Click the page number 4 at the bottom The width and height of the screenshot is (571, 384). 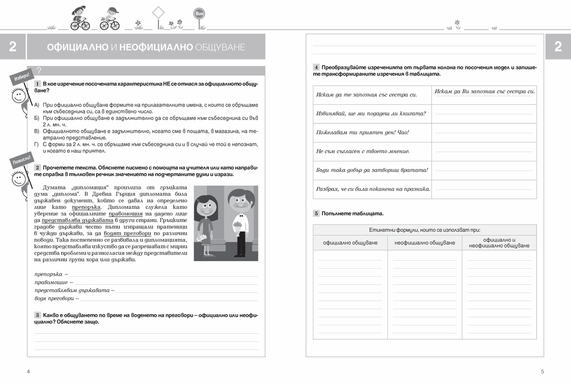29,372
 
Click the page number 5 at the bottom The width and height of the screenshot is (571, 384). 542,372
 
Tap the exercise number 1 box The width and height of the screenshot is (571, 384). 37,84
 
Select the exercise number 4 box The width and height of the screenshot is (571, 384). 316,68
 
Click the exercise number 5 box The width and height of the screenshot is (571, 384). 316,213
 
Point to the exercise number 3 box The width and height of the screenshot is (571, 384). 37,315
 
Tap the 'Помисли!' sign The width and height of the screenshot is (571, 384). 21,160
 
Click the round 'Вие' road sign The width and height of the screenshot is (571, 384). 199,14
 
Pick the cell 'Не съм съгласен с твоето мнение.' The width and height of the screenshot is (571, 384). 363,151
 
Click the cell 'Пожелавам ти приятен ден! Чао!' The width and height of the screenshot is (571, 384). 363,132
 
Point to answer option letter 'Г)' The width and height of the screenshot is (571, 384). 37,144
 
